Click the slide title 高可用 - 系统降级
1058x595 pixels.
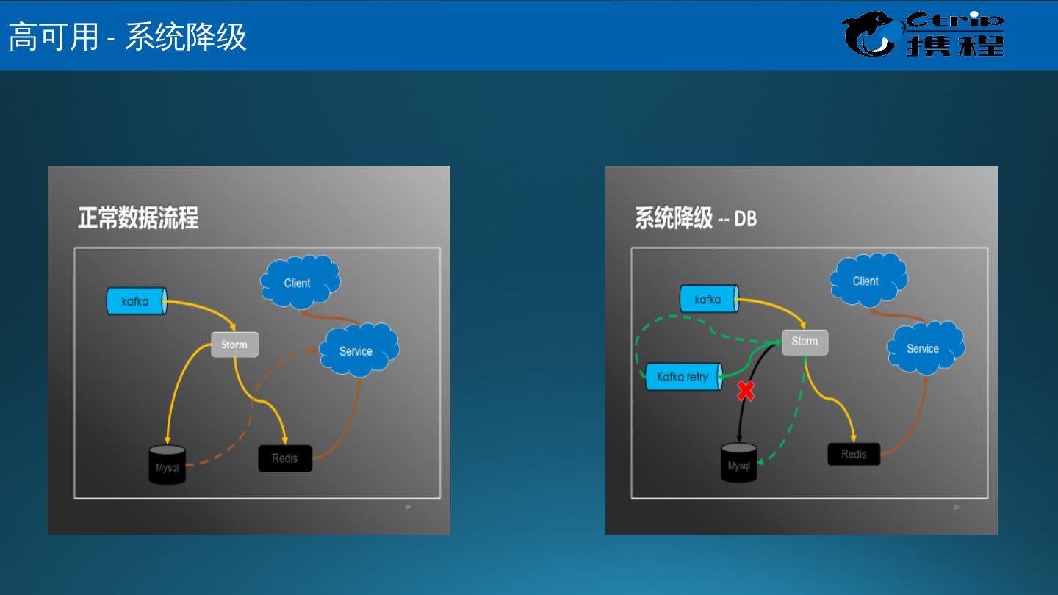127,36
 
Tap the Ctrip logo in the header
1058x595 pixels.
923,35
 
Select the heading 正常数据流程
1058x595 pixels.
138,218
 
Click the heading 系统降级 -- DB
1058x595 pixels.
695,218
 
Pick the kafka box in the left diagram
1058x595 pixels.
136,301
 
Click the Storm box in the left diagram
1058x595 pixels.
234,345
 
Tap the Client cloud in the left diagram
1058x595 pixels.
298,282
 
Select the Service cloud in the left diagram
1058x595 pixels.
358,350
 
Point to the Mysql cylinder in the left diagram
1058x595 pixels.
167,464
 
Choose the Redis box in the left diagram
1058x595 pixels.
285,458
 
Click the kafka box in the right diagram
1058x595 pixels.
708,299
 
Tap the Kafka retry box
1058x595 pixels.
683,377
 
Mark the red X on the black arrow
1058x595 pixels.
746,390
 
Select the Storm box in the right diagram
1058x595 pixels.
805,342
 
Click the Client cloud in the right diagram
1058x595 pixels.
867,281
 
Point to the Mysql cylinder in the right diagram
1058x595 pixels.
739,463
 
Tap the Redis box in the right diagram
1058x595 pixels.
854,454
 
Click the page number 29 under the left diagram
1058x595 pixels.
408,508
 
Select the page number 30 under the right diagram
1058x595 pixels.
957,508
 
